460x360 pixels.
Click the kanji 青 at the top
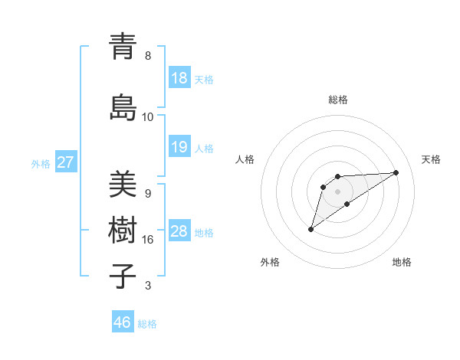coord(123,46)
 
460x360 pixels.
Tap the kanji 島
coord(123,106)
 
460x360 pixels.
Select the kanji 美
coord(123,184)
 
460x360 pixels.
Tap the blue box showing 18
coord(179,78)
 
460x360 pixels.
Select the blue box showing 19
coord(179,147)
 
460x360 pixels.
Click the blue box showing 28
coord(179,231)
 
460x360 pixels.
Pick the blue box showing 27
coord(66,162)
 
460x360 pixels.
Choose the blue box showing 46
coord(123,322)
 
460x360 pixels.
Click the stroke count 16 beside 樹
coord(148,240)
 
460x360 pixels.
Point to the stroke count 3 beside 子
coord(148,286)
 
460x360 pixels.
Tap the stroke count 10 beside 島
coord(148,117)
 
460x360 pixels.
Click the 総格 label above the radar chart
coord(338,100)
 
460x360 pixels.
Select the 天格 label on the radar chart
coord(432,159)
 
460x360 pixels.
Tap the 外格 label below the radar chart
coord(270,262)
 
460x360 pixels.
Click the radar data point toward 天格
coord(396,172)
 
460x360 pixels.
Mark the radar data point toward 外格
coord(310,229)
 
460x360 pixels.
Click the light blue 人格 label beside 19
coord(204,148)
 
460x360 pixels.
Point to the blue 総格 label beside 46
coord(147,323)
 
